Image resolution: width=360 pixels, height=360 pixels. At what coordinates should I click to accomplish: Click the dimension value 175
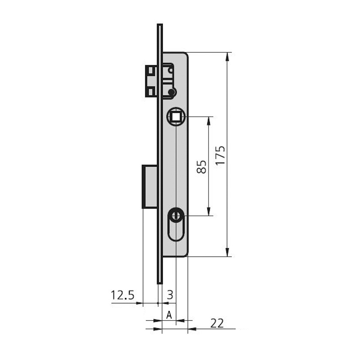tap(220, 155)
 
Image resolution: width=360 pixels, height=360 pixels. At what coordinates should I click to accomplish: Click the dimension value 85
tap(202, 167)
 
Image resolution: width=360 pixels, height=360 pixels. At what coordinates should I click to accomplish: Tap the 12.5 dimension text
tap(122, 295)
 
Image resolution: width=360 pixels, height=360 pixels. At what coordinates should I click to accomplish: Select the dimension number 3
tap(170, 295)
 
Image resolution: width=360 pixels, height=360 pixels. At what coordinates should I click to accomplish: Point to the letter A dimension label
tap(169, 315)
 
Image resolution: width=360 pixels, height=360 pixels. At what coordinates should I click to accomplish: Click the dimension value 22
tap(217, 323)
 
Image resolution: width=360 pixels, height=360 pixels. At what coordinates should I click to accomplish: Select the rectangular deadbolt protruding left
tap(150, 187)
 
